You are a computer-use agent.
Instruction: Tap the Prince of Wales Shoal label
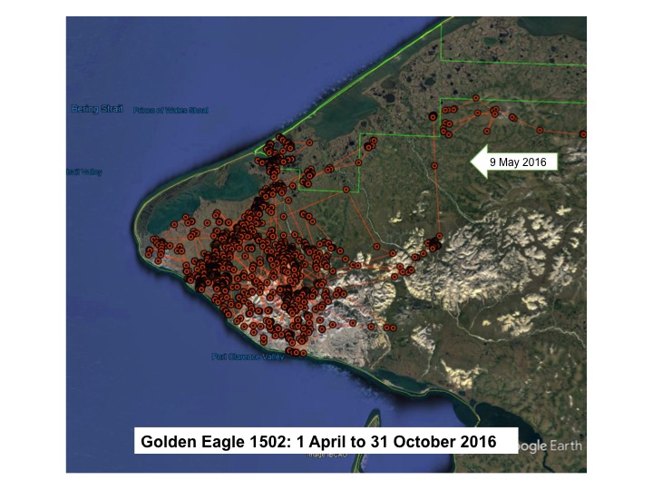171,111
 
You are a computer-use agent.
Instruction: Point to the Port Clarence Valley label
248,357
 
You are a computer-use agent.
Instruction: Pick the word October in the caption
418,443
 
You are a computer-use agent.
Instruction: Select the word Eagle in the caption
217,443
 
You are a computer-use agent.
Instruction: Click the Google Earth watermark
549,446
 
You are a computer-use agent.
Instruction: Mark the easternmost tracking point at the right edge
583,134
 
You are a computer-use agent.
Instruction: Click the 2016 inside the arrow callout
543,161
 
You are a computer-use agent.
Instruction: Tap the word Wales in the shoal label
173,111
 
